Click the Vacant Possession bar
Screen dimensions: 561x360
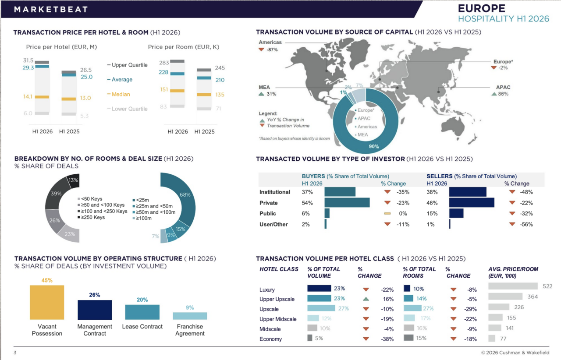[47, 302]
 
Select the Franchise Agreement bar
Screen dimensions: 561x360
[190, 316]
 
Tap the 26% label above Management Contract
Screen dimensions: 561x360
[95, 295]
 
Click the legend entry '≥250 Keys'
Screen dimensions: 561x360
[91, 217]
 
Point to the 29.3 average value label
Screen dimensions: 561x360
[28, 67]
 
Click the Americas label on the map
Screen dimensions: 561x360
[270, 42]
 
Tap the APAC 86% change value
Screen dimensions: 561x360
[503, 94]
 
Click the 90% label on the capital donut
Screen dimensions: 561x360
[374, 146]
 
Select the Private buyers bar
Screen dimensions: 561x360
[347, 202]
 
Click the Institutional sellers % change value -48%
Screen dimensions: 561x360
[526, 192]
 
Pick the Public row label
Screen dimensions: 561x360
[267, 214]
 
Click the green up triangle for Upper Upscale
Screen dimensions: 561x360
[366, 299]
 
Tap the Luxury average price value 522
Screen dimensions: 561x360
[547, 286]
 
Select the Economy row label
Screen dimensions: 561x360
[270, 339]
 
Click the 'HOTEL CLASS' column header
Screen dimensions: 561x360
[279, 269]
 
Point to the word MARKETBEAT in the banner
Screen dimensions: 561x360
[51, 10]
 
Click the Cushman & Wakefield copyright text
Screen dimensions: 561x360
[515, 353]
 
